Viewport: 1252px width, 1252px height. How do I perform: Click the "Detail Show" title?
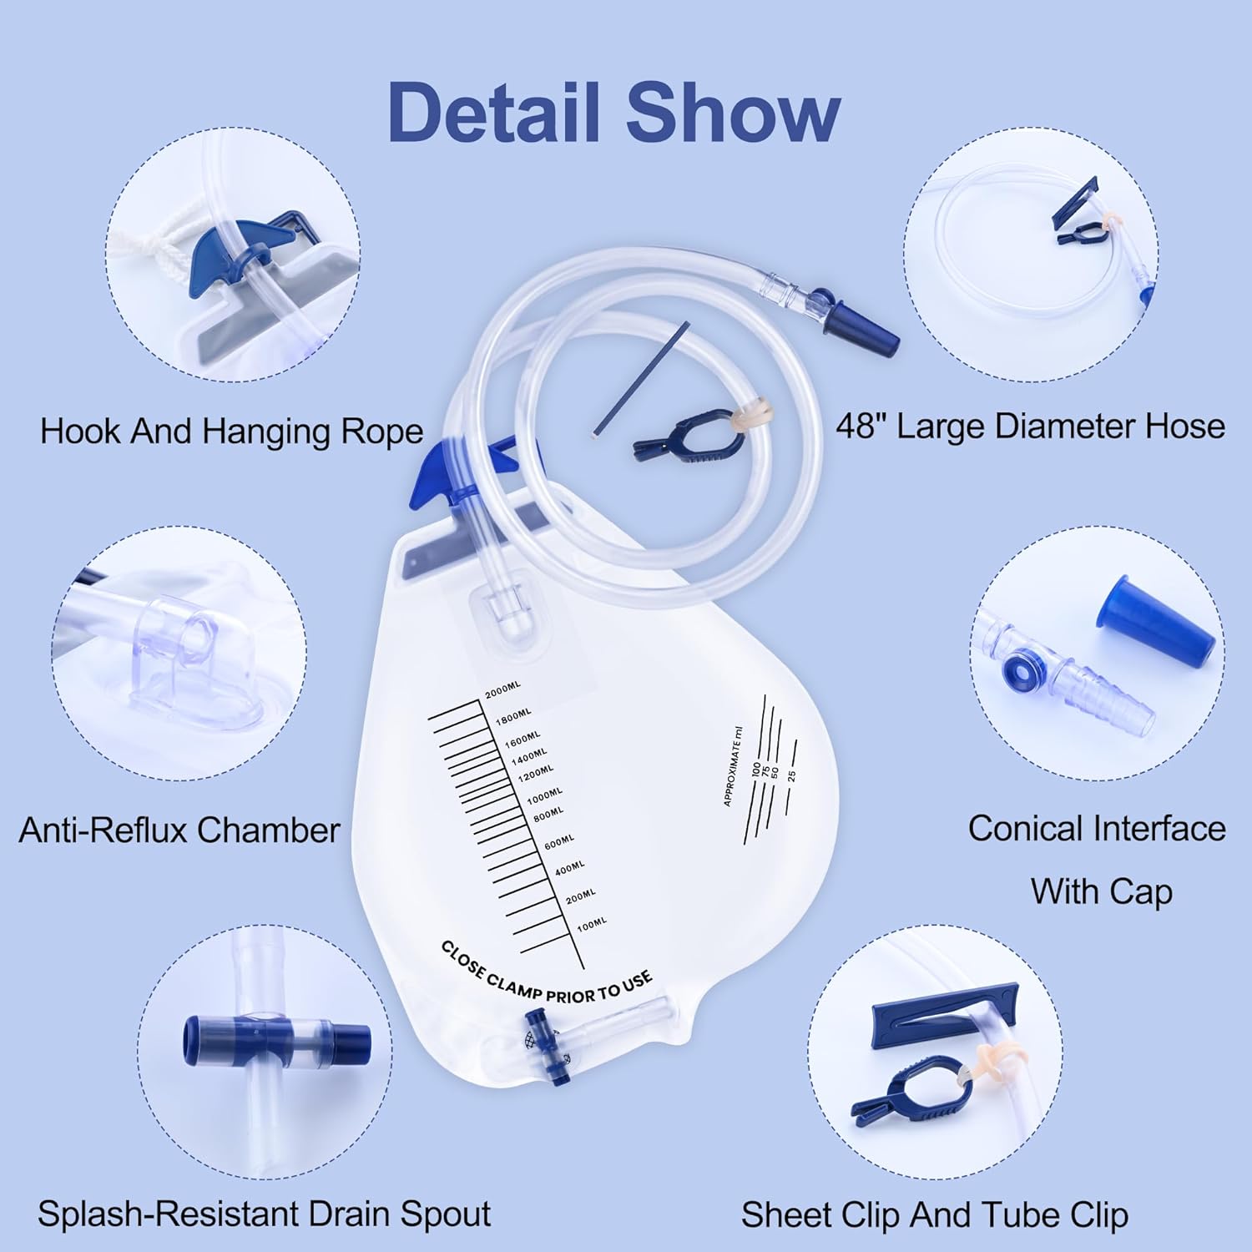coord(613,113)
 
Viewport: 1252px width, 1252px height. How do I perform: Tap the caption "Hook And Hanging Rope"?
coord(231,432)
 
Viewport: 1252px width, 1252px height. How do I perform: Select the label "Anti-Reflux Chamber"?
coord(179,830)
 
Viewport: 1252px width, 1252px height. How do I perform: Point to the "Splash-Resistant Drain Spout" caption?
coord(264,1214)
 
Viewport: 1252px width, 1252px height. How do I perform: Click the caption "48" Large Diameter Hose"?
coord(1030,427)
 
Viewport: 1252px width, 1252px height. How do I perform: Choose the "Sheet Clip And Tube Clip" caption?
coord(934,1214)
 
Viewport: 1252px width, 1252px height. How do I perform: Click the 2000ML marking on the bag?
coord(502,690)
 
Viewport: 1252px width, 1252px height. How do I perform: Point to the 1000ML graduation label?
coord(544,795)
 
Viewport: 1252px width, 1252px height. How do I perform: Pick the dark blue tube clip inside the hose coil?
coord(680,442)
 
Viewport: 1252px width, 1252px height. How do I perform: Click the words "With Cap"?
coord(1101,891)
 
